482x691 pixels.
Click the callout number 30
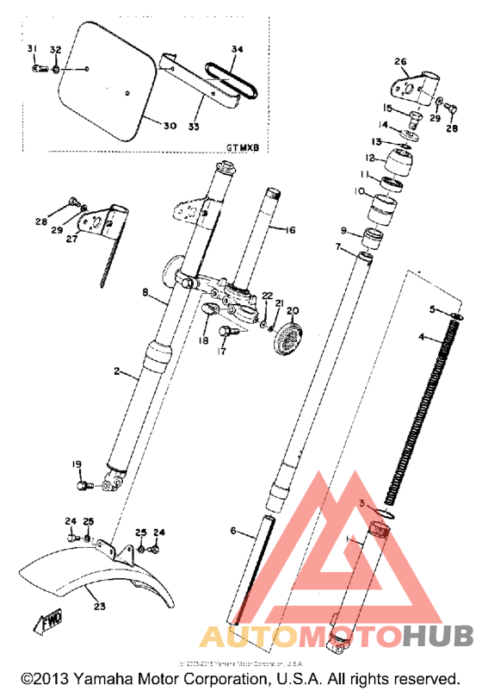[170, 126]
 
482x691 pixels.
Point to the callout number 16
[289, 230]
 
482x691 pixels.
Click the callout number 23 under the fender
[99, 607]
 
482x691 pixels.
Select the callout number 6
[232, 532]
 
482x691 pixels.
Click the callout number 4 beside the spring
[422, 338]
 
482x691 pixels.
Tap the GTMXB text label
[243, 147]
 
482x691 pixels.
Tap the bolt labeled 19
[84, 487]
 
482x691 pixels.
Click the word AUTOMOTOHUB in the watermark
[336, 637]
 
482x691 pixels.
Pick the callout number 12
[369, 159]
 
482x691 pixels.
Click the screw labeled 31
[36, 69]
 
